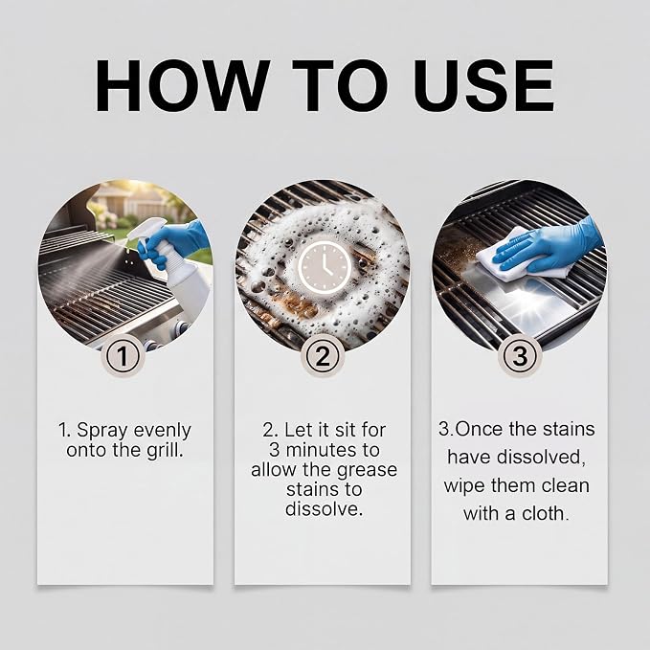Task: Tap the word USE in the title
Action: [483, 86]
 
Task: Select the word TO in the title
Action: [340, 85]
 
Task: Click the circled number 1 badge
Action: [122, 356]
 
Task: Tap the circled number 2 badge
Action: [324, 356]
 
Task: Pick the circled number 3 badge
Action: [520, 356]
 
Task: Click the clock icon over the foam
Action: [325, 267]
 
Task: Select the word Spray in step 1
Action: [102, 431]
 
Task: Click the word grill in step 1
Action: [165, 450]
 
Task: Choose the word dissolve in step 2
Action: [324, 509]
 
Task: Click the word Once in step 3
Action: [480, 429]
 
